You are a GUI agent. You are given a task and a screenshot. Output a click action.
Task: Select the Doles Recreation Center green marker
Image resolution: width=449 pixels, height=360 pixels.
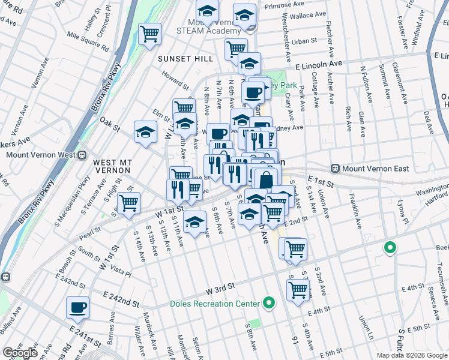tap(270, 304)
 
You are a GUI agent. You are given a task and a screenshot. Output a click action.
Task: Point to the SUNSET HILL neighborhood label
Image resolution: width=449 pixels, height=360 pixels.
tap(185, 59)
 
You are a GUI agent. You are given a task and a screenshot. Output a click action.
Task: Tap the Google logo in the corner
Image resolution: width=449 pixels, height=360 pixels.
tap(20, 353)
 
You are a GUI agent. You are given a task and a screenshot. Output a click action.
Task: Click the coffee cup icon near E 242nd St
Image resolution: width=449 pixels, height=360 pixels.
tap(77, 308)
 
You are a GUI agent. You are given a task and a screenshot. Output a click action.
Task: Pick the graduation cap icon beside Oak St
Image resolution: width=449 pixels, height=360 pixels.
tap(145, 132)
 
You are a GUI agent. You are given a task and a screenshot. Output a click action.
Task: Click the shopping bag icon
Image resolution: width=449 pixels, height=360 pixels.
tap(267, 178)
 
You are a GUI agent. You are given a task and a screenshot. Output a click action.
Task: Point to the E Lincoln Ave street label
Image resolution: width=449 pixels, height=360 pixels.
tap(318, 63)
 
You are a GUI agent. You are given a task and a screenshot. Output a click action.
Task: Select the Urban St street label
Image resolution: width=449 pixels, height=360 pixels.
tap(304, 41)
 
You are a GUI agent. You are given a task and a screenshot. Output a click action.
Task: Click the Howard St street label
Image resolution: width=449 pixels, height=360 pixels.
tap(175, 79)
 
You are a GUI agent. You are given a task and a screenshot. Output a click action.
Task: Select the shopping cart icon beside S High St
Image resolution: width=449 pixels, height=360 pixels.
tap(128, 203)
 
